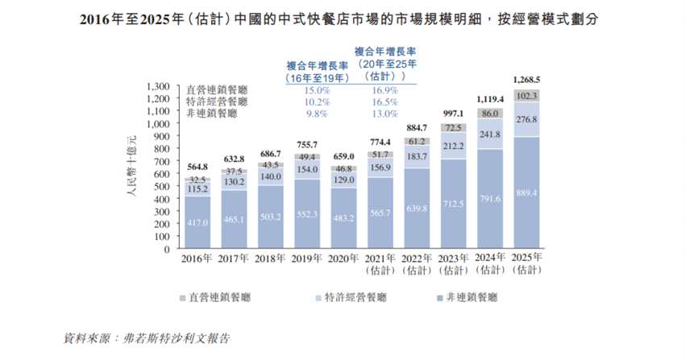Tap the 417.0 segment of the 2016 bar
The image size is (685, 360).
pos(197,221)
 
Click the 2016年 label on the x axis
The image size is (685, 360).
pos(197,260)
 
